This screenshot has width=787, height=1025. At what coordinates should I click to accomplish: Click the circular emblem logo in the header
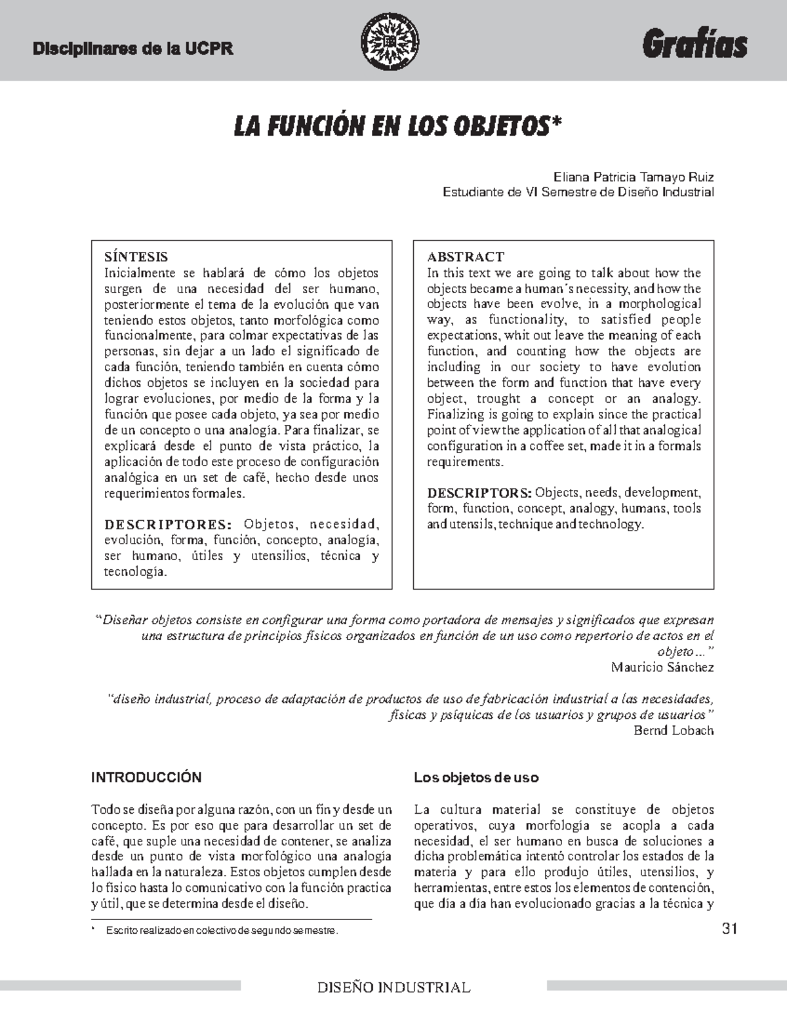click(391, 43)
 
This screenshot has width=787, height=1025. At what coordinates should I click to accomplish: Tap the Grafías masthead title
click(695, 45)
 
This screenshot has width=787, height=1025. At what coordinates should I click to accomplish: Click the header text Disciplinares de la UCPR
click(133, 49)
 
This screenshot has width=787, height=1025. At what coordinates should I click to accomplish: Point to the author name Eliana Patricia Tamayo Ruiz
click(633, 177)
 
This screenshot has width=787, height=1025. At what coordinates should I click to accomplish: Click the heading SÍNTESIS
click(136, 256)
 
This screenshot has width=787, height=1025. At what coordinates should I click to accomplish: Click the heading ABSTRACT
click(466, 256)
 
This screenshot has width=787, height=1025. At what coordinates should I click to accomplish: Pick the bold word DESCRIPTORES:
click(168, 524)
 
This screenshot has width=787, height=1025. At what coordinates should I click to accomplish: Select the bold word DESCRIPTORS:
click(479, 492)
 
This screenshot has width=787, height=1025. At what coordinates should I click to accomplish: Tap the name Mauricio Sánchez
click(662, 667)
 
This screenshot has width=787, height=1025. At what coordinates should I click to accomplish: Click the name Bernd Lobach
click(674, 730)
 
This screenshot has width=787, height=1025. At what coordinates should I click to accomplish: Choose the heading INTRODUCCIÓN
click(146, 777)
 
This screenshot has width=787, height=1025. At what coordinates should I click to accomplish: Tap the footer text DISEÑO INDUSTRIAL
click(393, 988)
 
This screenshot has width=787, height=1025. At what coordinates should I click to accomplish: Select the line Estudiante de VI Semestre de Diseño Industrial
click(578, 192)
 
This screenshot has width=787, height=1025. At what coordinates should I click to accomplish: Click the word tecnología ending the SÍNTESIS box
click(135, 572)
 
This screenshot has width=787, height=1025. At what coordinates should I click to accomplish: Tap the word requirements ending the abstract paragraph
click(464, 462)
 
